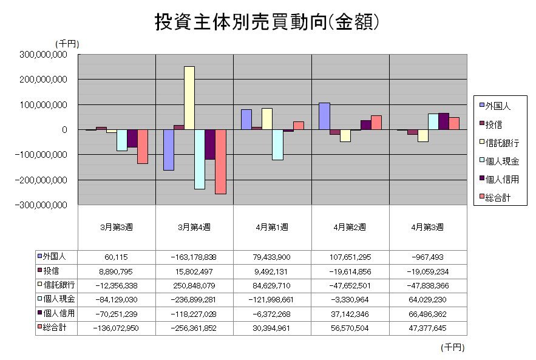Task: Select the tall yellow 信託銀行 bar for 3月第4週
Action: (189, 98)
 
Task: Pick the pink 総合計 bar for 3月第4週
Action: (220, 161)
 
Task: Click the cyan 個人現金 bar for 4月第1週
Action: (278, 144)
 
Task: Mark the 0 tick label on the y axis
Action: (63, 130)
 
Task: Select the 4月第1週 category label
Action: (273, 227)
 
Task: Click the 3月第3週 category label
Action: (117, 227)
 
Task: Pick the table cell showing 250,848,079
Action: (194, 285)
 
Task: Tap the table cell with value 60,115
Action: (117, 257)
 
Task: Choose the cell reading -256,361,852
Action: (194, 328)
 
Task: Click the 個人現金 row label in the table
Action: (58, 299)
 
